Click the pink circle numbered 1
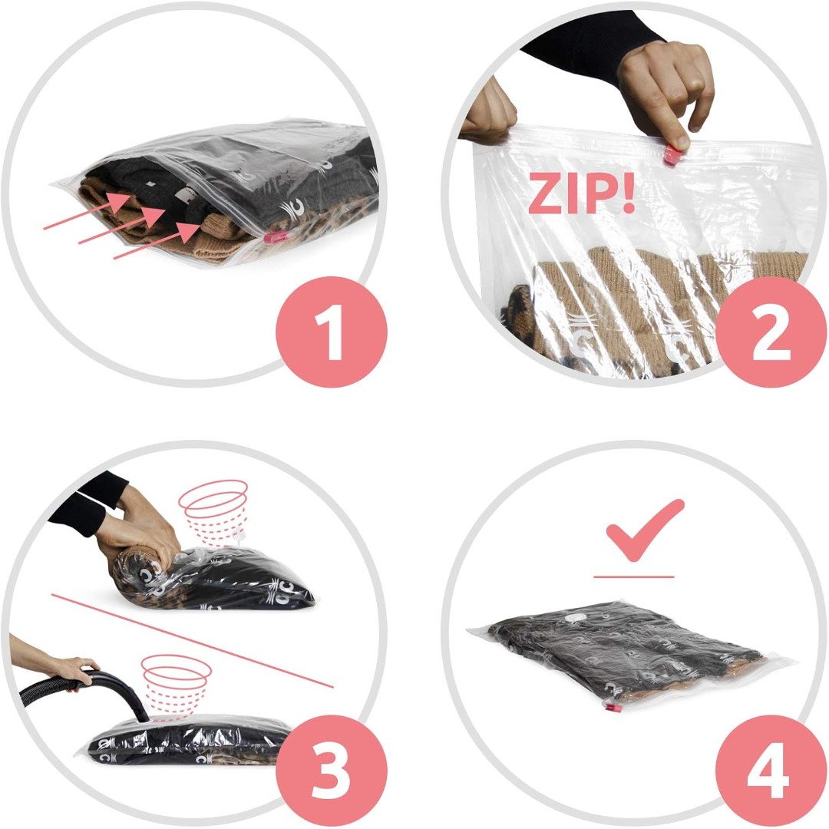point(332,332)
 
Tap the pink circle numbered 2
point(771,332)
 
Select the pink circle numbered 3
point(332,771)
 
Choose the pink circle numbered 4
point(771,771)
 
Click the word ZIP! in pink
point(581,193)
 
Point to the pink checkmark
point(645,529)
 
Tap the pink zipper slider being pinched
point(673,154)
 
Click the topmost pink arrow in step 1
point(88,211)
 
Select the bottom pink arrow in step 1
point(157,240)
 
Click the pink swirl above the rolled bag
point(213,512)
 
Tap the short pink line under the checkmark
point(634,576)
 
